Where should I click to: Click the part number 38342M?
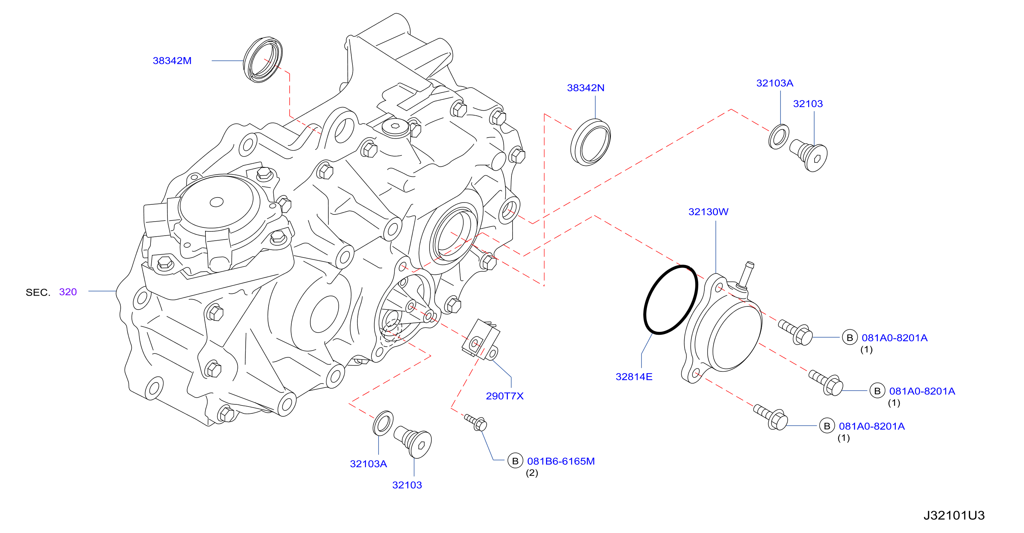[x=172, y=61]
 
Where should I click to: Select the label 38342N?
[x=585, y=88]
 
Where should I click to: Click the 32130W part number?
[x=708, y=212]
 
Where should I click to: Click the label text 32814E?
[x=634, y=377]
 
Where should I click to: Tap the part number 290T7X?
[x=505, y=396]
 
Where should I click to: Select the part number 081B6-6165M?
[x=561, y=461]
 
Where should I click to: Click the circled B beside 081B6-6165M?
[x=515, y=461]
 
